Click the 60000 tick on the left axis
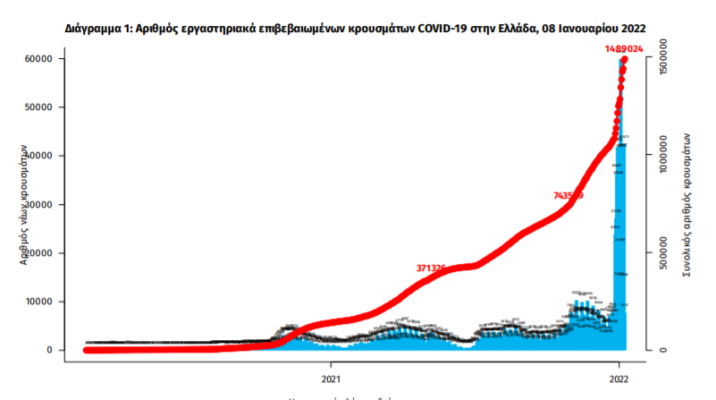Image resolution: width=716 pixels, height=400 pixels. (x=37, y=59)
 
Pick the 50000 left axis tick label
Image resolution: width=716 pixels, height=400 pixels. (x=37, y=107)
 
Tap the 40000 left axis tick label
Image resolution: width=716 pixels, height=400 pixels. (x=37, y=156)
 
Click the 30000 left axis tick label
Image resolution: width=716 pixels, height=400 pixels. (x=37, y=205)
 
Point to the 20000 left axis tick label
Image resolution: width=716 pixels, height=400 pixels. (x=37, y=253)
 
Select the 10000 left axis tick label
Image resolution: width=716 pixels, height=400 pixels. (x=37, y=302)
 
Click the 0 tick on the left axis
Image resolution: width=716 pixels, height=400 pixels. (x=49, y=351)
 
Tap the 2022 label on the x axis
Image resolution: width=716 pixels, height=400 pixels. (x=619, y=378)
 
